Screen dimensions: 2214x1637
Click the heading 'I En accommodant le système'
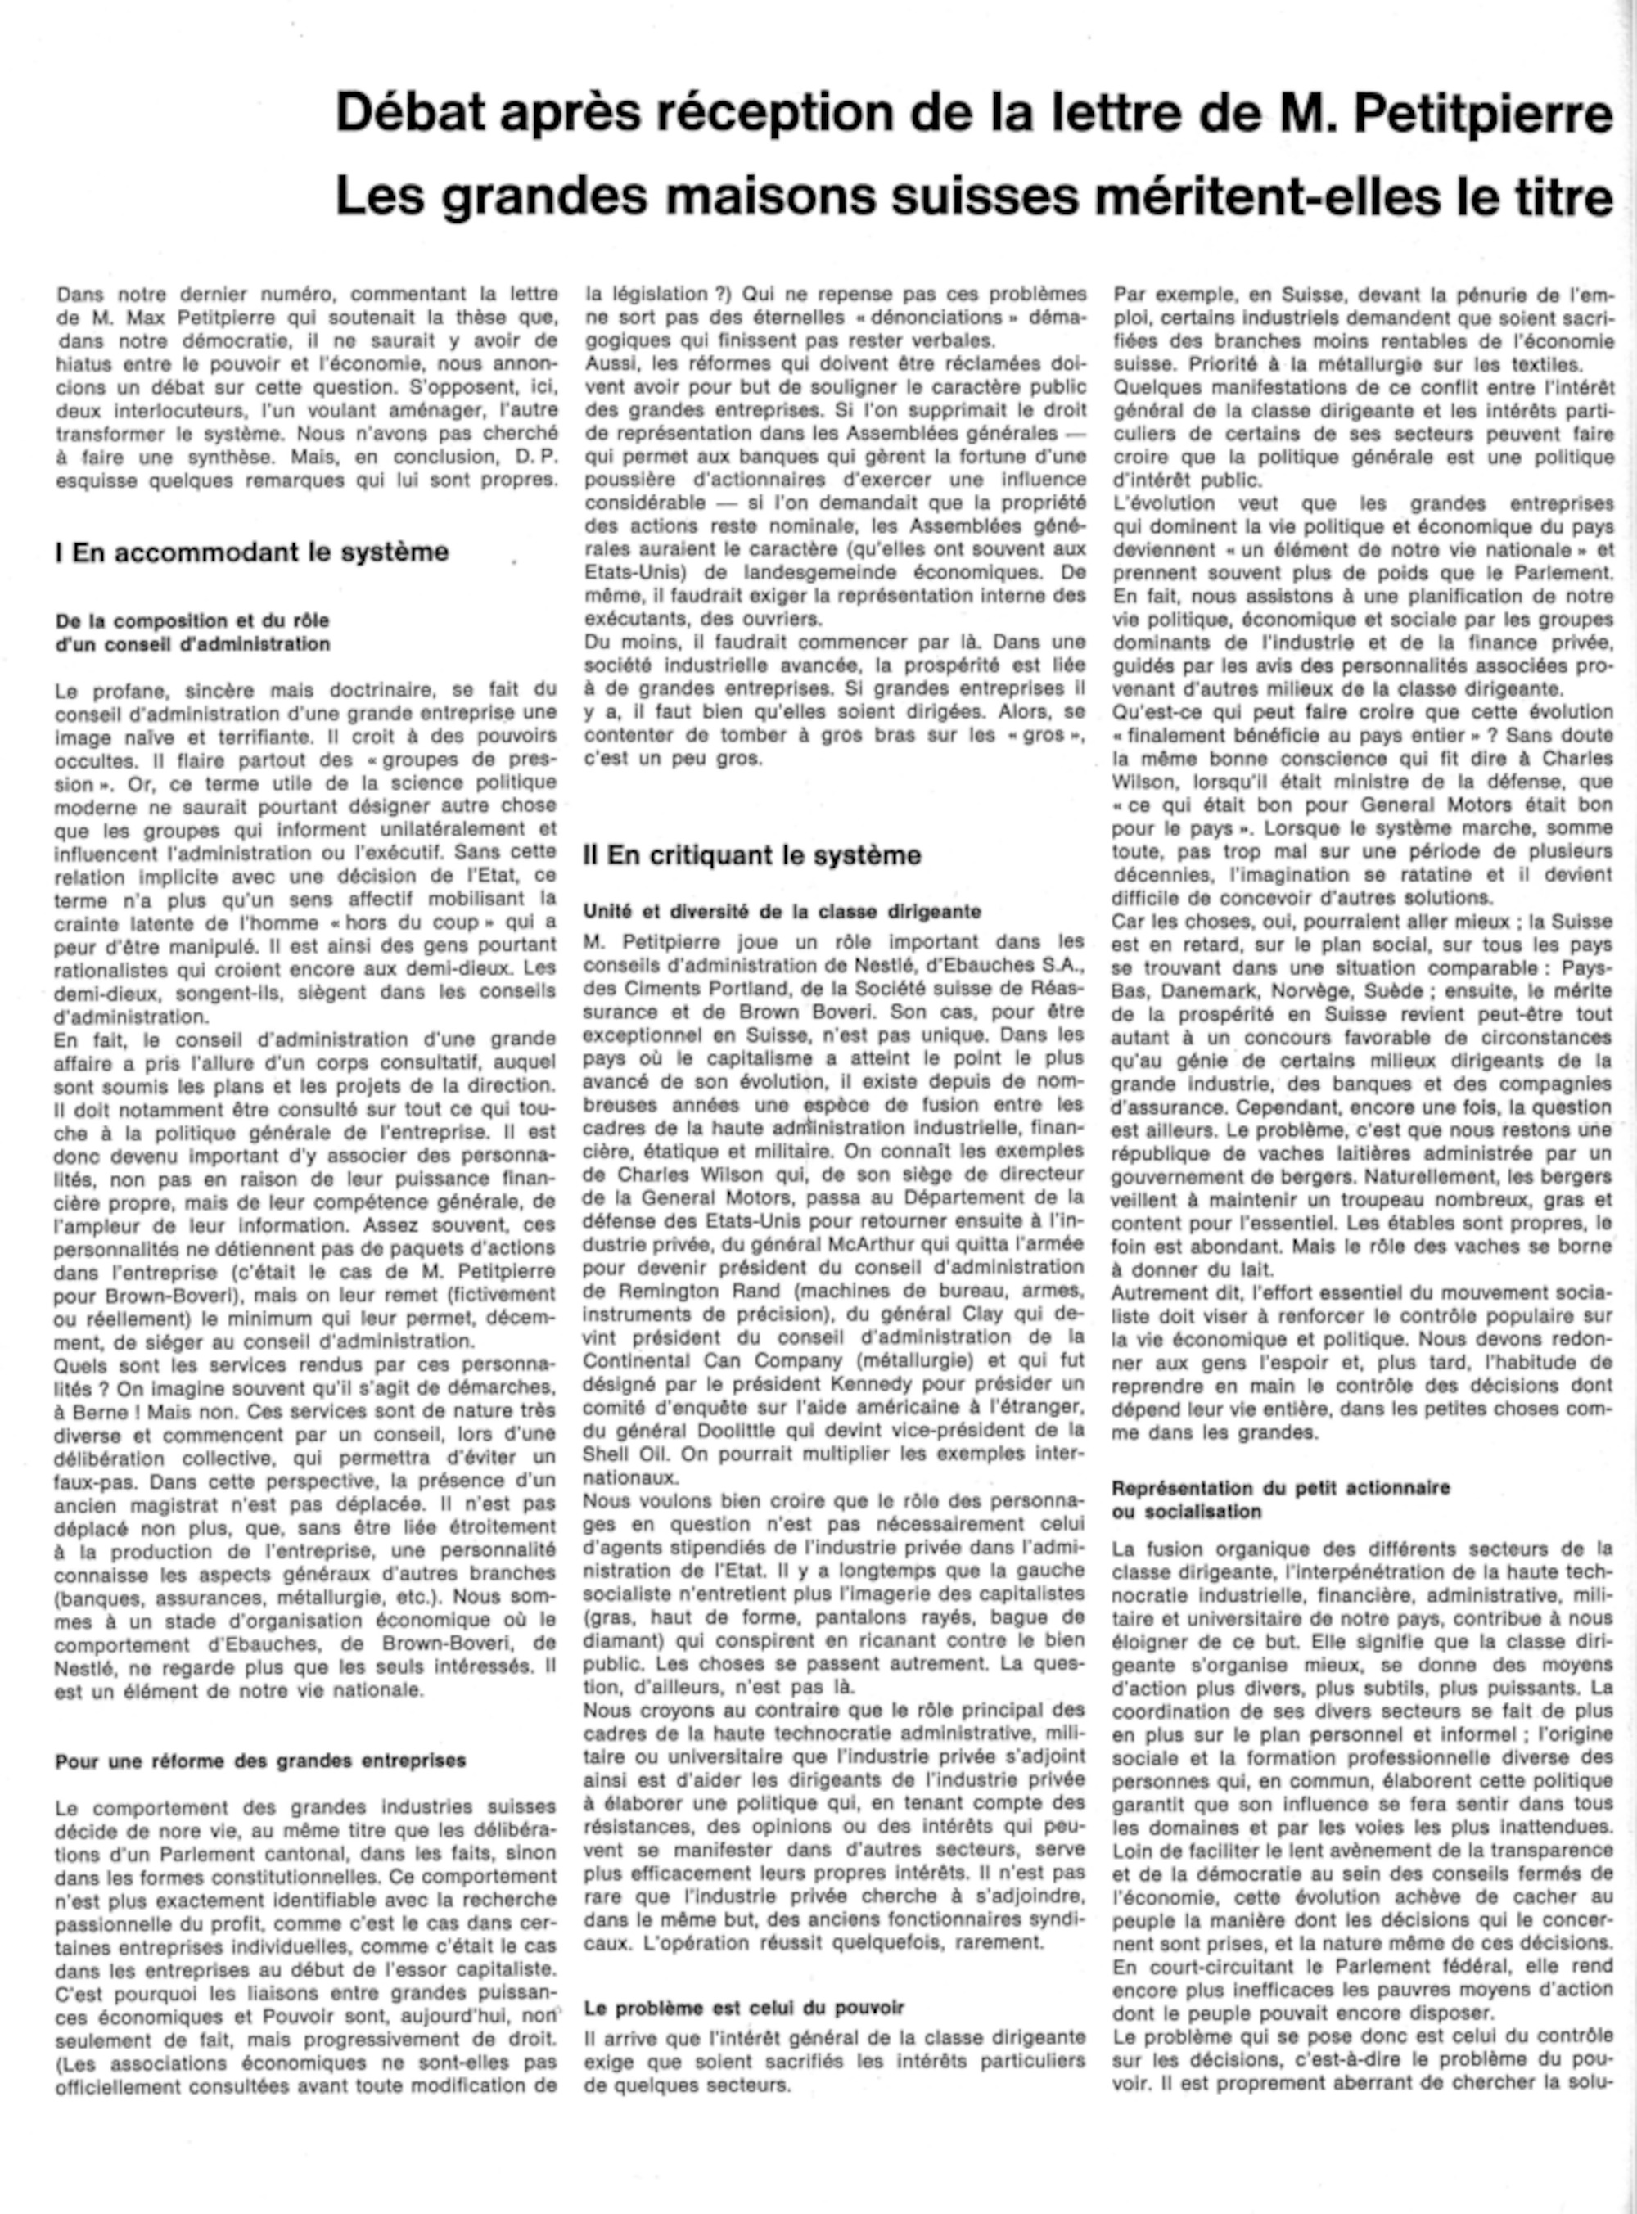252,552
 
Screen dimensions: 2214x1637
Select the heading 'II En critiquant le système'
752,854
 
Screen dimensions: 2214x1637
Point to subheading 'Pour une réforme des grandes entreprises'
259,1761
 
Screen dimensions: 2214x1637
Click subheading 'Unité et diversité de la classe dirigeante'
782,911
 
